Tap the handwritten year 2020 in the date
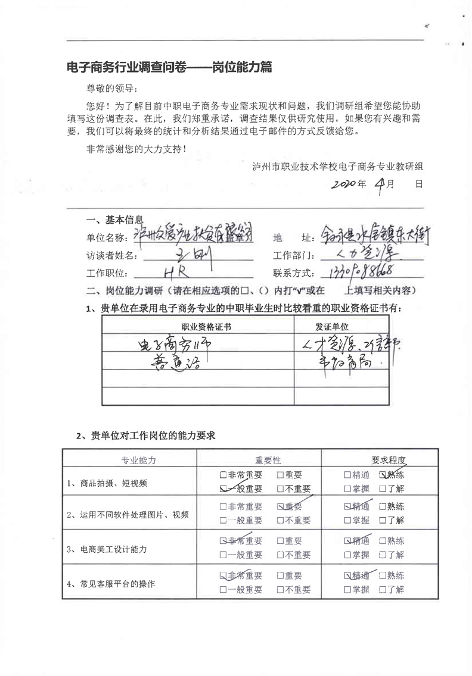click(x=337, y=184)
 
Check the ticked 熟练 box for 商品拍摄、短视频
click(x=383, y=475)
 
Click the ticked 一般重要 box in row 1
click(x=223, y=489)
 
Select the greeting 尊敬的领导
click(x=112, y=89)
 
